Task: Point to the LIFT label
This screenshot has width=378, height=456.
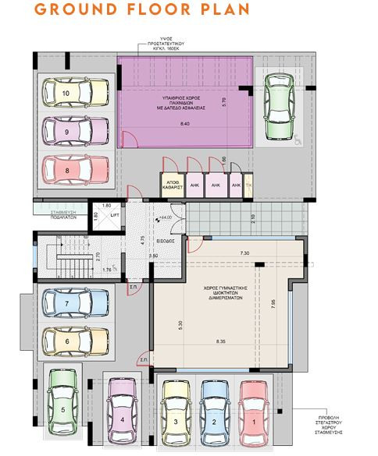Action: point(113,214)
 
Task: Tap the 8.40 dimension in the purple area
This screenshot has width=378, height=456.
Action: point(184,124)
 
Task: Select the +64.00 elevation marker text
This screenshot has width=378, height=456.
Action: point(165,217)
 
